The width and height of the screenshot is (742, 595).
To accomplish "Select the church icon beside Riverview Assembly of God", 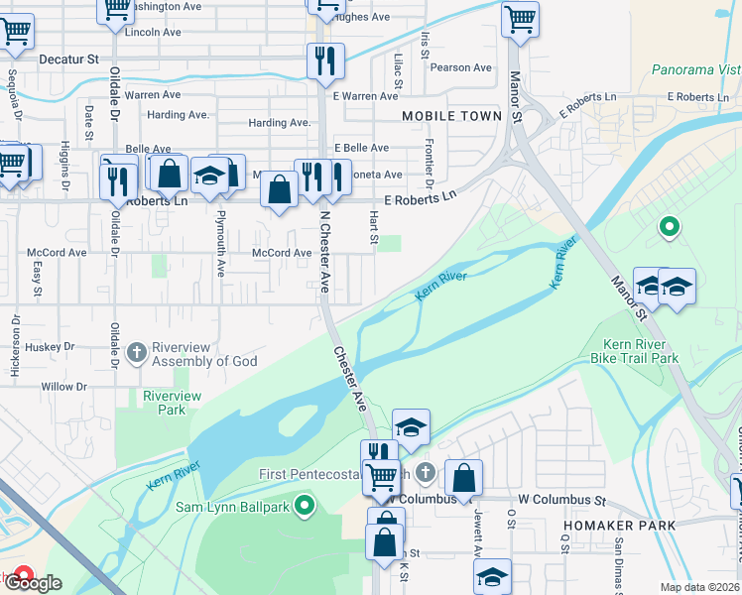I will pyautogui.click(x=136, y=352).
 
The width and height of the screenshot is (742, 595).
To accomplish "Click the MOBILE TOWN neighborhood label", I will pyautogui.click(x=451, y=116).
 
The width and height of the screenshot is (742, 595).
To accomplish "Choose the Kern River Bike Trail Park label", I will pyautogui.click(x=640, y=350).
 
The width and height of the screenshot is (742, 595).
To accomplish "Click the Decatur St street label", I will pyautogui.click(x=69, y=59).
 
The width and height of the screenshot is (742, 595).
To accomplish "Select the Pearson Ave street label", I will pyautogui.click(x=461, y=67).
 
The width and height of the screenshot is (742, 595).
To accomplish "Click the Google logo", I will pyautogui.click(x=35, y=582).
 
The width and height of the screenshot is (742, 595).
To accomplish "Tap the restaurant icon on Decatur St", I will pyautogui.click(x=324, y=61).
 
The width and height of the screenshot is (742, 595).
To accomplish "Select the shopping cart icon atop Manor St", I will pyautogui.click(x=520, y=18).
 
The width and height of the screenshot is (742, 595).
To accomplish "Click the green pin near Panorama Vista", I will pyautogui.click(x=670, y=228).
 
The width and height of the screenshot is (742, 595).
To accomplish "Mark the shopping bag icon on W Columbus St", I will pyautogui.click(x=463, y=478).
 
